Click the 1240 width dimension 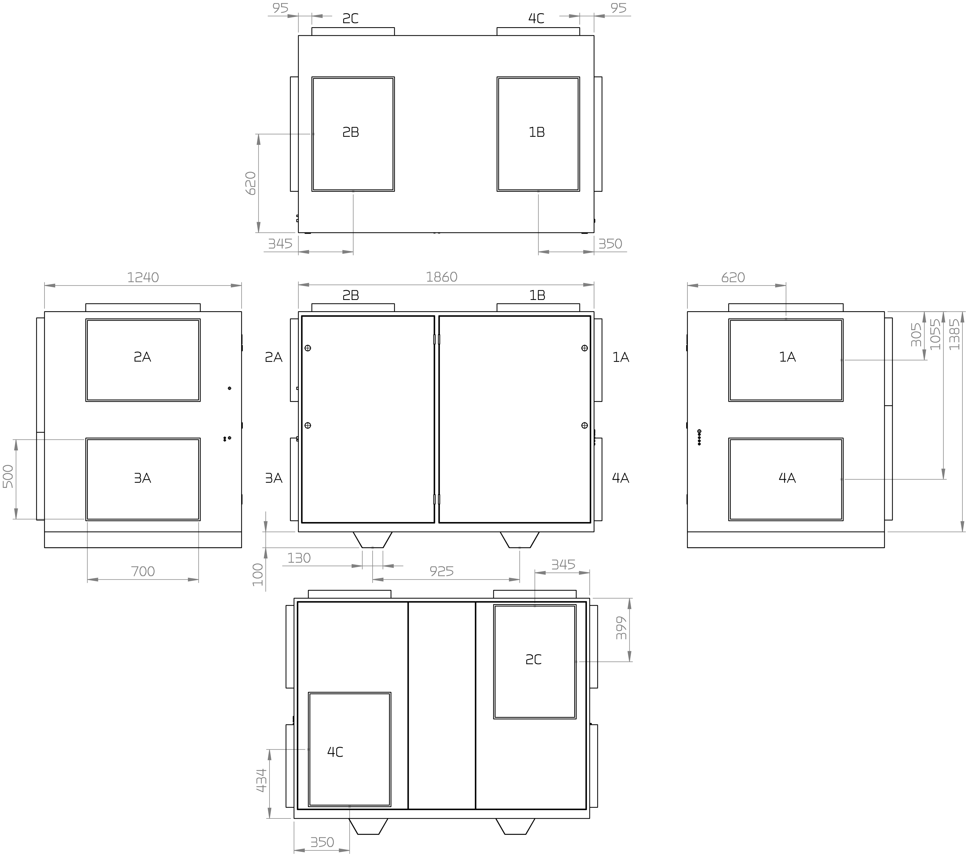coord(143,277)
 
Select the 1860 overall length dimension coord(442,277)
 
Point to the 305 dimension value coord(916,335)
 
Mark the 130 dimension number coord(299,558)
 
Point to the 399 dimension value coord(621,628)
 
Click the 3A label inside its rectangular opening coord(142,478)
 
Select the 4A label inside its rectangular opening coord(787,478)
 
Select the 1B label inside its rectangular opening coord(537,132)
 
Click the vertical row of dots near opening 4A coord(699,437)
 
